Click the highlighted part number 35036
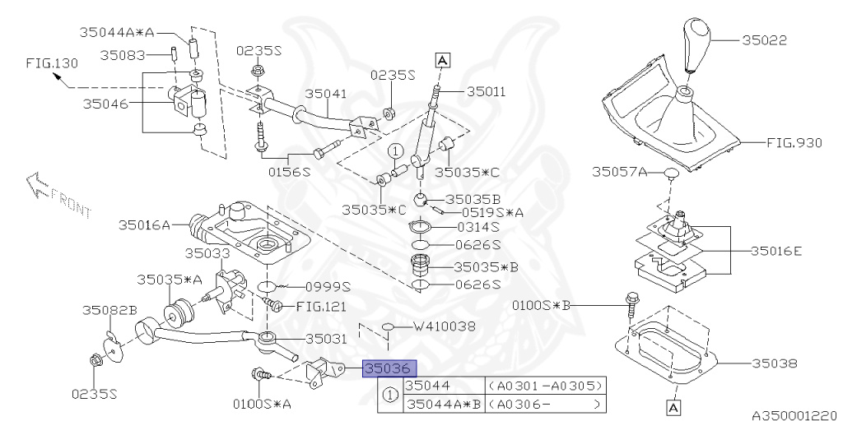click(389, 368)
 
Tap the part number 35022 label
click(765, 39)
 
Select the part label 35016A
click(143, 224)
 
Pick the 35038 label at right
click(775, 362)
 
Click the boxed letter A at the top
click(442, 60)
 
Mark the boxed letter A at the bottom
click(673, 406)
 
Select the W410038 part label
click(445, 326)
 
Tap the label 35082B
click(109, 310)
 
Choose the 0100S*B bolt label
click(541, 305)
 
